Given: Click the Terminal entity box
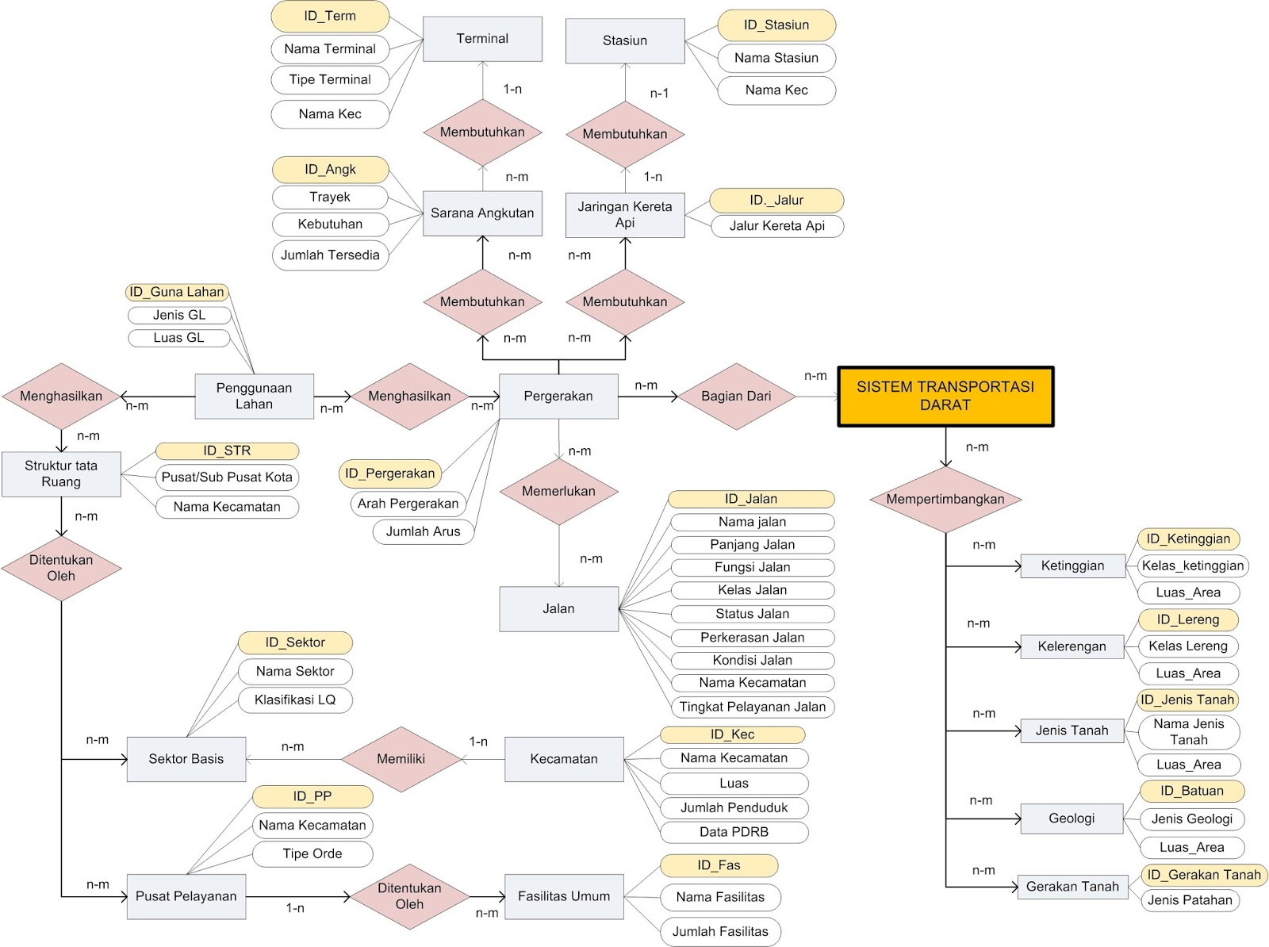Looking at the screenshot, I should (x=482, y=39).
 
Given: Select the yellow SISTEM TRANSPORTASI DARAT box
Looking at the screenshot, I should (x=945, y=396).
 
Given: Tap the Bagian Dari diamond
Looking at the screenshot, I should (x=736, y=397).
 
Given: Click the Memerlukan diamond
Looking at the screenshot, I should (x=558, y=491).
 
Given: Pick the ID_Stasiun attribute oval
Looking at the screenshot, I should (x=776, y=25).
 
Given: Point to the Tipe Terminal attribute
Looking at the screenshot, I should (x=330, y=79).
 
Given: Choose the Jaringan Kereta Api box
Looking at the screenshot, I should (x=625, y=215).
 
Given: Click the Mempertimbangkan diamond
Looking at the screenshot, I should (x=945, y=500).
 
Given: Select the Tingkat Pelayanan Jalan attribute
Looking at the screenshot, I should (x=752, y=707).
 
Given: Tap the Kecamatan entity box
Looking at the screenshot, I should (x=564, y=759).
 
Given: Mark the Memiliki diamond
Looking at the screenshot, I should (x=401, y=759).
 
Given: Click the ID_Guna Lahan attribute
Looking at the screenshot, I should (x=177, y=292).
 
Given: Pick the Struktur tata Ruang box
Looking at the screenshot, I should (x=61, y=474).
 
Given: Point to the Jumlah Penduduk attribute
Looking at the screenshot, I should (x=734, y=807).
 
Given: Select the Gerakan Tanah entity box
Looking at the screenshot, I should (x=1072, y=887).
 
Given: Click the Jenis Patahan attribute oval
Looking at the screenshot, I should (x=1190, y=900).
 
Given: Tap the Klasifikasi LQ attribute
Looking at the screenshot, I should (x=295, y=700).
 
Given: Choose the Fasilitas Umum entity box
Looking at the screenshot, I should (x=564, y=896).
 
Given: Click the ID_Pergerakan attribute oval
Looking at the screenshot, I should (x=389, y=473).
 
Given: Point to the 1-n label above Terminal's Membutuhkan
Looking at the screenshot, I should (x=512, y=90).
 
